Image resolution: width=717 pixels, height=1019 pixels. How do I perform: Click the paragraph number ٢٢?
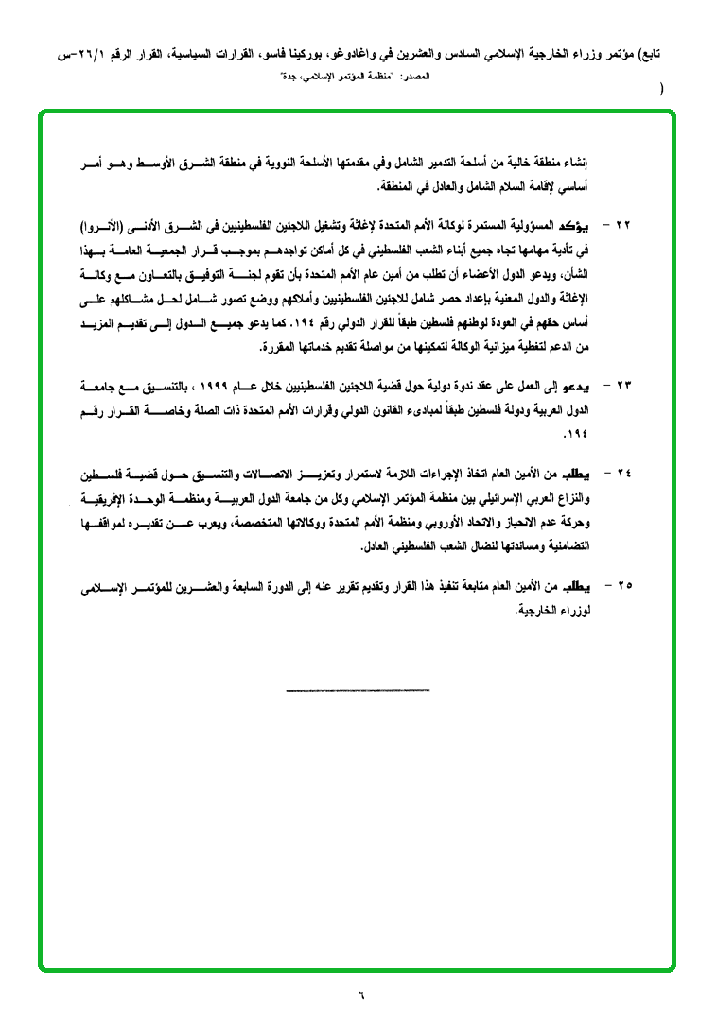pos(622,227)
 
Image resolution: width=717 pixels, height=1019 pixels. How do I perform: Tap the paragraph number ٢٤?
pos(622,474)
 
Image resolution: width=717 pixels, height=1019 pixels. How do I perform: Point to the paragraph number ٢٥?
pos(622,586)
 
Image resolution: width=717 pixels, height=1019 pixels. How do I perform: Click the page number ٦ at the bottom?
pos(359,993)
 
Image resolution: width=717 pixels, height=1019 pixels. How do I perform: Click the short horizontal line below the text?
pos(358,690)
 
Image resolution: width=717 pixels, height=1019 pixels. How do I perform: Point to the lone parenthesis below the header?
pos(661,92)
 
